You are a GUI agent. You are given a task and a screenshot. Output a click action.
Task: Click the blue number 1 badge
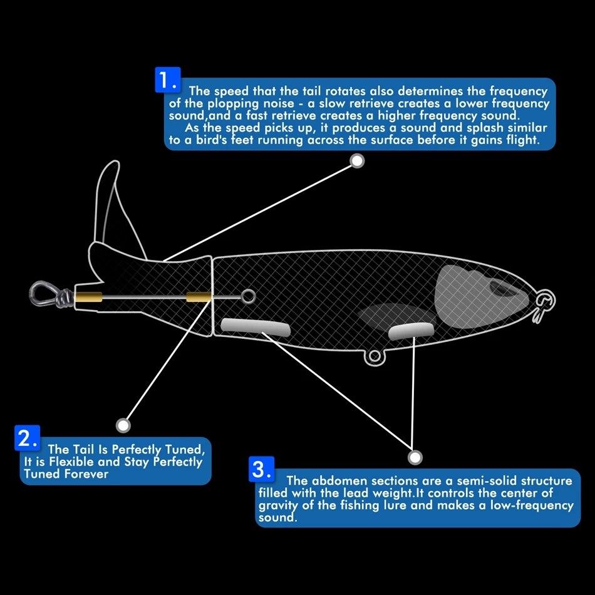(167, 80)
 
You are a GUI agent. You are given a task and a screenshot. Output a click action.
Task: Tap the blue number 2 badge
(27, 438)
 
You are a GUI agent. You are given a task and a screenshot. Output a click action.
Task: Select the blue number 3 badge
(261, 470)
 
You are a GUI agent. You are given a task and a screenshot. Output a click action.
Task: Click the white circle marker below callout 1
(356, 162)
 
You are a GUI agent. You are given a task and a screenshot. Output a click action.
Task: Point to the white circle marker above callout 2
(124, 425)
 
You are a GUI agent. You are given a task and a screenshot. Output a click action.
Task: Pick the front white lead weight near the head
(411, 331)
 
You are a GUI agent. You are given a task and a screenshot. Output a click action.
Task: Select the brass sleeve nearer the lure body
(198, 296)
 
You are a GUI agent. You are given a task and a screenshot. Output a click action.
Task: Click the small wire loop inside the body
(248, 296)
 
